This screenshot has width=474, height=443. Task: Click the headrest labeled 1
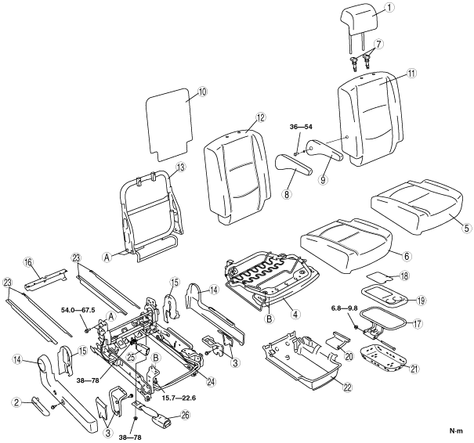click(x=360, y=19)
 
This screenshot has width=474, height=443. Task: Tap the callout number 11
click(x=412, y=74)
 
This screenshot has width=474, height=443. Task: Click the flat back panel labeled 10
click(x=169, y=124)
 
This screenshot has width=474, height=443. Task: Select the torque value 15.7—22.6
click(x=179, y=398)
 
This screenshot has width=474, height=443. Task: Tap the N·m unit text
click(x=456, y=431)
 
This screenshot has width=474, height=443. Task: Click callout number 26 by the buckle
click(x=186, y=416)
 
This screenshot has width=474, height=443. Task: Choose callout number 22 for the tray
click(x=348, y=387)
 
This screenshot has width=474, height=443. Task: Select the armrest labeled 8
click(x=292, y=164)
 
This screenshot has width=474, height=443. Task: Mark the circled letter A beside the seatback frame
click(x=107, y=258)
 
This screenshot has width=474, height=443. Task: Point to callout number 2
click(x=16, y=402)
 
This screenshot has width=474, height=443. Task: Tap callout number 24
click(x=211, y=382)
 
